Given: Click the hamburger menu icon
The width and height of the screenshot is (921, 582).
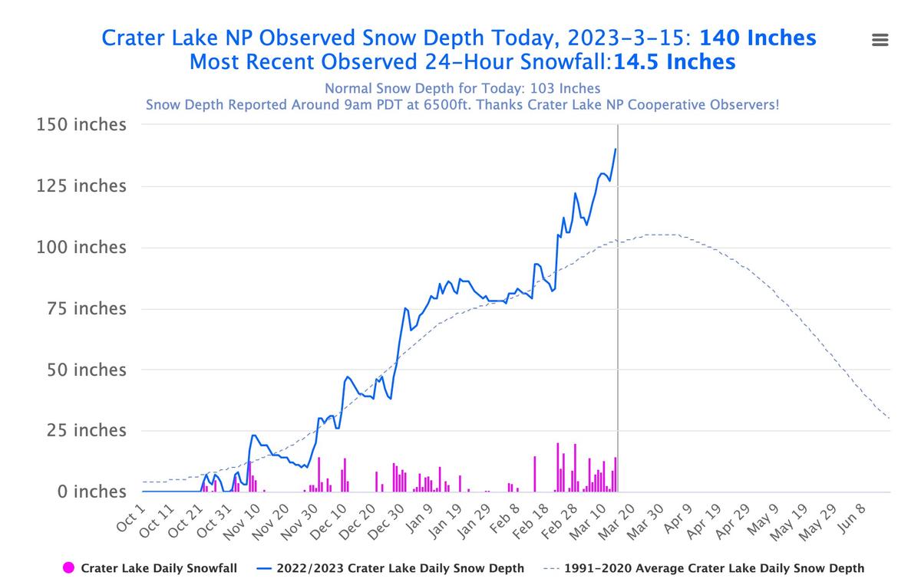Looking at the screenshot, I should (880, 41).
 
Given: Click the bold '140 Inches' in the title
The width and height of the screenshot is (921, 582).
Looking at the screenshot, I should (758, 38).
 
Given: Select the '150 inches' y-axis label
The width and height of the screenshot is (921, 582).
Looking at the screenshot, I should (81, 125).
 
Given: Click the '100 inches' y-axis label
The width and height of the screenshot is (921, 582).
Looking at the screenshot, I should (81, 248).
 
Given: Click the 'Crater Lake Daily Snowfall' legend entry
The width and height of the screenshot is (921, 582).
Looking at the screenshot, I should (158, 568).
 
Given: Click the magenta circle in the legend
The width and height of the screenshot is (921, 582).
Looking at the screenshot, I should (68, 568).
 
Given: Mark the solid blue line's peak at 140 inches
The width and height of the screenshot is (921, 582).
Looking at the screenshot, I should (616, 149).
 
